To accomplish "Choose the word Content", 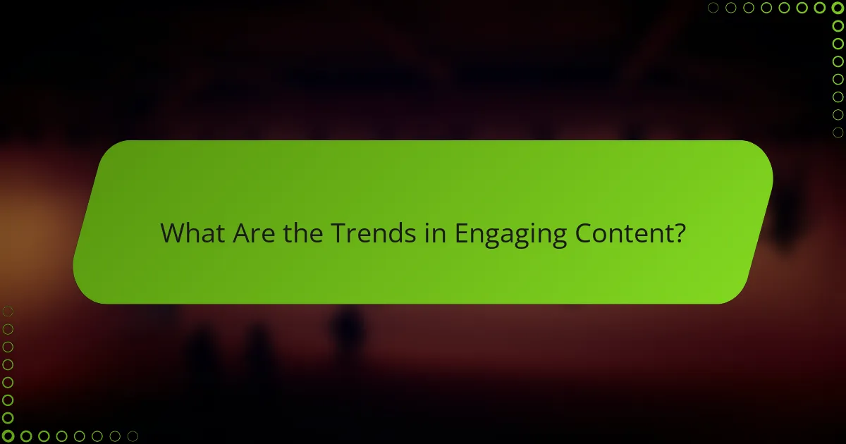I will click(623, 233).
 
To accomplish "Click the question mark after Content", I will click(679, 233).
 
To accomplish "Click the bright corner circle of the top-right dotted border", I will click(838, 8).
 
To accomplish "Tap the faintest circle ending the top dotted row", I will click(713, 8).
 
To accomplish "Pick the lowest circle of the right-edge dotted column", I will click(838, 132).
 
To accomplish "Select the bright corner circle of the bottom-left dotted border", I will click(8, 436).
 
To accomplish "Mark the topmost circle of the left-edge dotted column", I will click(8, 311).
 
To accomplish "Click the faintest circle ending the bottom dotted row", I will click(133, 436).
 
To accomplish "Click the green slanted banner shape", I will click(423, 176).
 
